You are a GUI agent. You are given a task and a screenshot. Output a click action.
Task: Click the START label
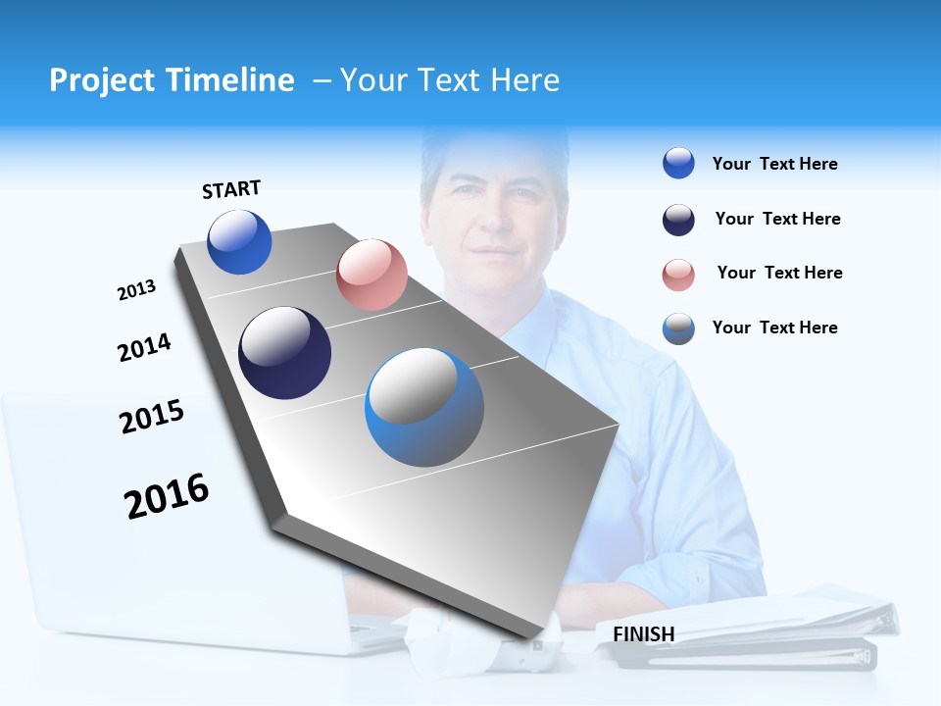click(231, 189)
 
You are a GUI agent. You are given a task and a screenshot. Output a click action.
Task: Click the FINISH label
click(643, 634)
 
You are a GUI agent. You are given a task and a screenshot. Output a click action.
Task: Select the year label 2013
click(136, 290)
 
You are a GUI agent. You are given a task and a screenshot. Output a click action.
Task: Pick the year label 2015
click(152, 417)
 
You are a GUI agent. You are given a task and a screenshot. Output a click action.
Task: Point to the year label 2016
click(167, 495)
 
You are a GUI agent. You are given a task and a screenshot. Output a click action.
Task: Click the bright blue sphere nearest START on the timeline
click(239, 242)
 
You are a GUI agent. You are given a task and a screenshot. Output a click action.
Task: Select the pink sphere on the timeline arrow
click(371, 275)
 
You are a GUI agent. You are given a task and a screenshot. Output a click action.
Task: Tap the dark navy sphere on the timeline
click(285, 353)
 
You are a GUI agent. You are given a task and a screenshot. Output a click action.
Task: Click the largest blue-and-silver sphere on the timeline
click(424, 407)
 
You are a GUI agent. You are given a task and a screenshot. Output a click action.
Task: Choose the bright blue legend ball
click(678, 164)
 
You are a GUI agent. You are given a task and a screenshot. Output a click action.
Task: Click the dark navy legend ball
click(678, 220)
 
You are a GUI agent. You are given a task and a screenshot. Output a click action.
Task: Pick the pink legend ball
click(678, 275)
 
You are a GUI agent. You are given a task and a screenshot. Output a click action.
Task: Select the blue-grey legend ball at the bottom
click(678, 328)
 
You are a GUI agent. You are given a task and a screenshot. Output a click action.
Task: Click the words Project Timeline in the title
click(172, 80)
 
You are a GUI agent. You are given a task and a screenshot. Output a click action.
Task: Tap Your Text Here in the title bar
click(450, 80)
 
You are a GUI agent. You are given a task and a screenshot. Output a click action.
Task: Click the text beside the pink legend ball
click(779, 273)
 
